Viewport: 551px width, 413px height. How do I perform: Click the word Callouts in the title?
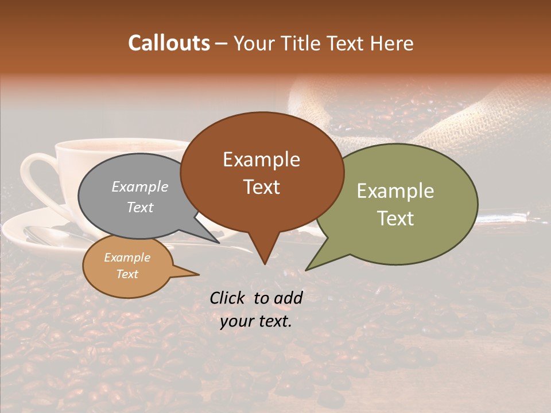pos(169,43)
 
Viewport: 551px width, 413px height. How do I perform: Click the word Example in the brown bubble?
pos(261,159)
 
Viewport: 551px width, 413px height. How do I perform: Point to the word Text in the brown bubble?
pos(261,187)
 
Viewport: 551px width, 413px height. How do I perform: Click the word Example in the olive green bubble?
pos(395,191)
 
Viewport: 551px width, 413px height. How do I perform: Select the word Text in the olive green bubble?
pos(395,219)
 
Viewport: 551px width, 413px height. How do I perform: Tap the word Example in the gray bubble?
pos(140,186)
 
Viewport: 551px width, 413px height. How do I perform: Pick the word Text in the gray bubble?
pos(140,207)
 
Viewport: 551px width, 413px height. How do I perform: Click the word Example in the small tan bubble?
pos(127,258)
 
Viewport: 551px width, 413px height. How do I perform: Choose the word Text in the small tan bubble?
pos(127,274)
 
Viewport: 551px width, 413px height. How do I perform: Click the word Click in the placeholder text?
pos(228,298)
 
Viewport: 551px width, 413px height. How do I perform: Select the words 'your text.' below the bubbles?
pos(256,321)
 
